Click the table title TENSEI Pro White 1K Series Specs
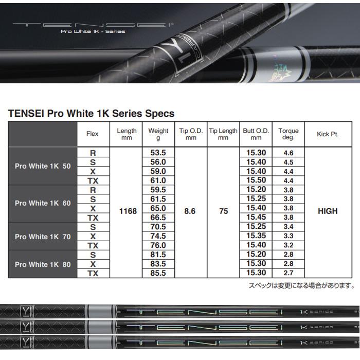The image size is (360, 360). [x=91, y=113]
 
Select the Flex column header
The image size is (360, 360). [x=93, y=134]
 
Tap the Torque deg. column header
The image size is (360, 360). [x=288, y=134]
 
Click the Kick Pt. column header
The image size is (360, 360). [x=328, y=134]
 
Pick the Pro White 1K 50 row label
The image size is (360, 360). [x=43, y=166]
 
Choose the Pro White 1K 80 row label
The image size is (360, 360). [x=43, y=264]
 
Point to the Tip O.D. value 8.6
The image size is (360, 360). [x=190, y=211]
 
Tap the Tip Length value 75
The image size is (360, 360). [x=223, y=211]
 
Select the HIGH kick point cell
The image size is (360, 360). [x=328, y=211]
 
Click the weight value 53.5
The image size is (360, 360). [x=157, y=153]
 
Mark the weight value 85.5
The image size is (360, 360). [x=157, y=273]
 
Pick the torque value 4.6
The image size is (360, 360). [x=288, y=153]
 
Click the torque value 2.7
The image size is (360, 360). [x=288, y=273]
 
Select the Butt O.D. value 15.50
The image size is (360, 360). [x=256, y=181]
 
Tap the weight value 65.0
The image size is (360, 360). [x=157, y=208]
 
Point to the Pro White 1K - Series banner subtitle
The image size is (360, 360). [x=93, y=31]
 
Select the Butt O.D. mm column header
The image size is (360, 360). [x=256, y=134]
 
